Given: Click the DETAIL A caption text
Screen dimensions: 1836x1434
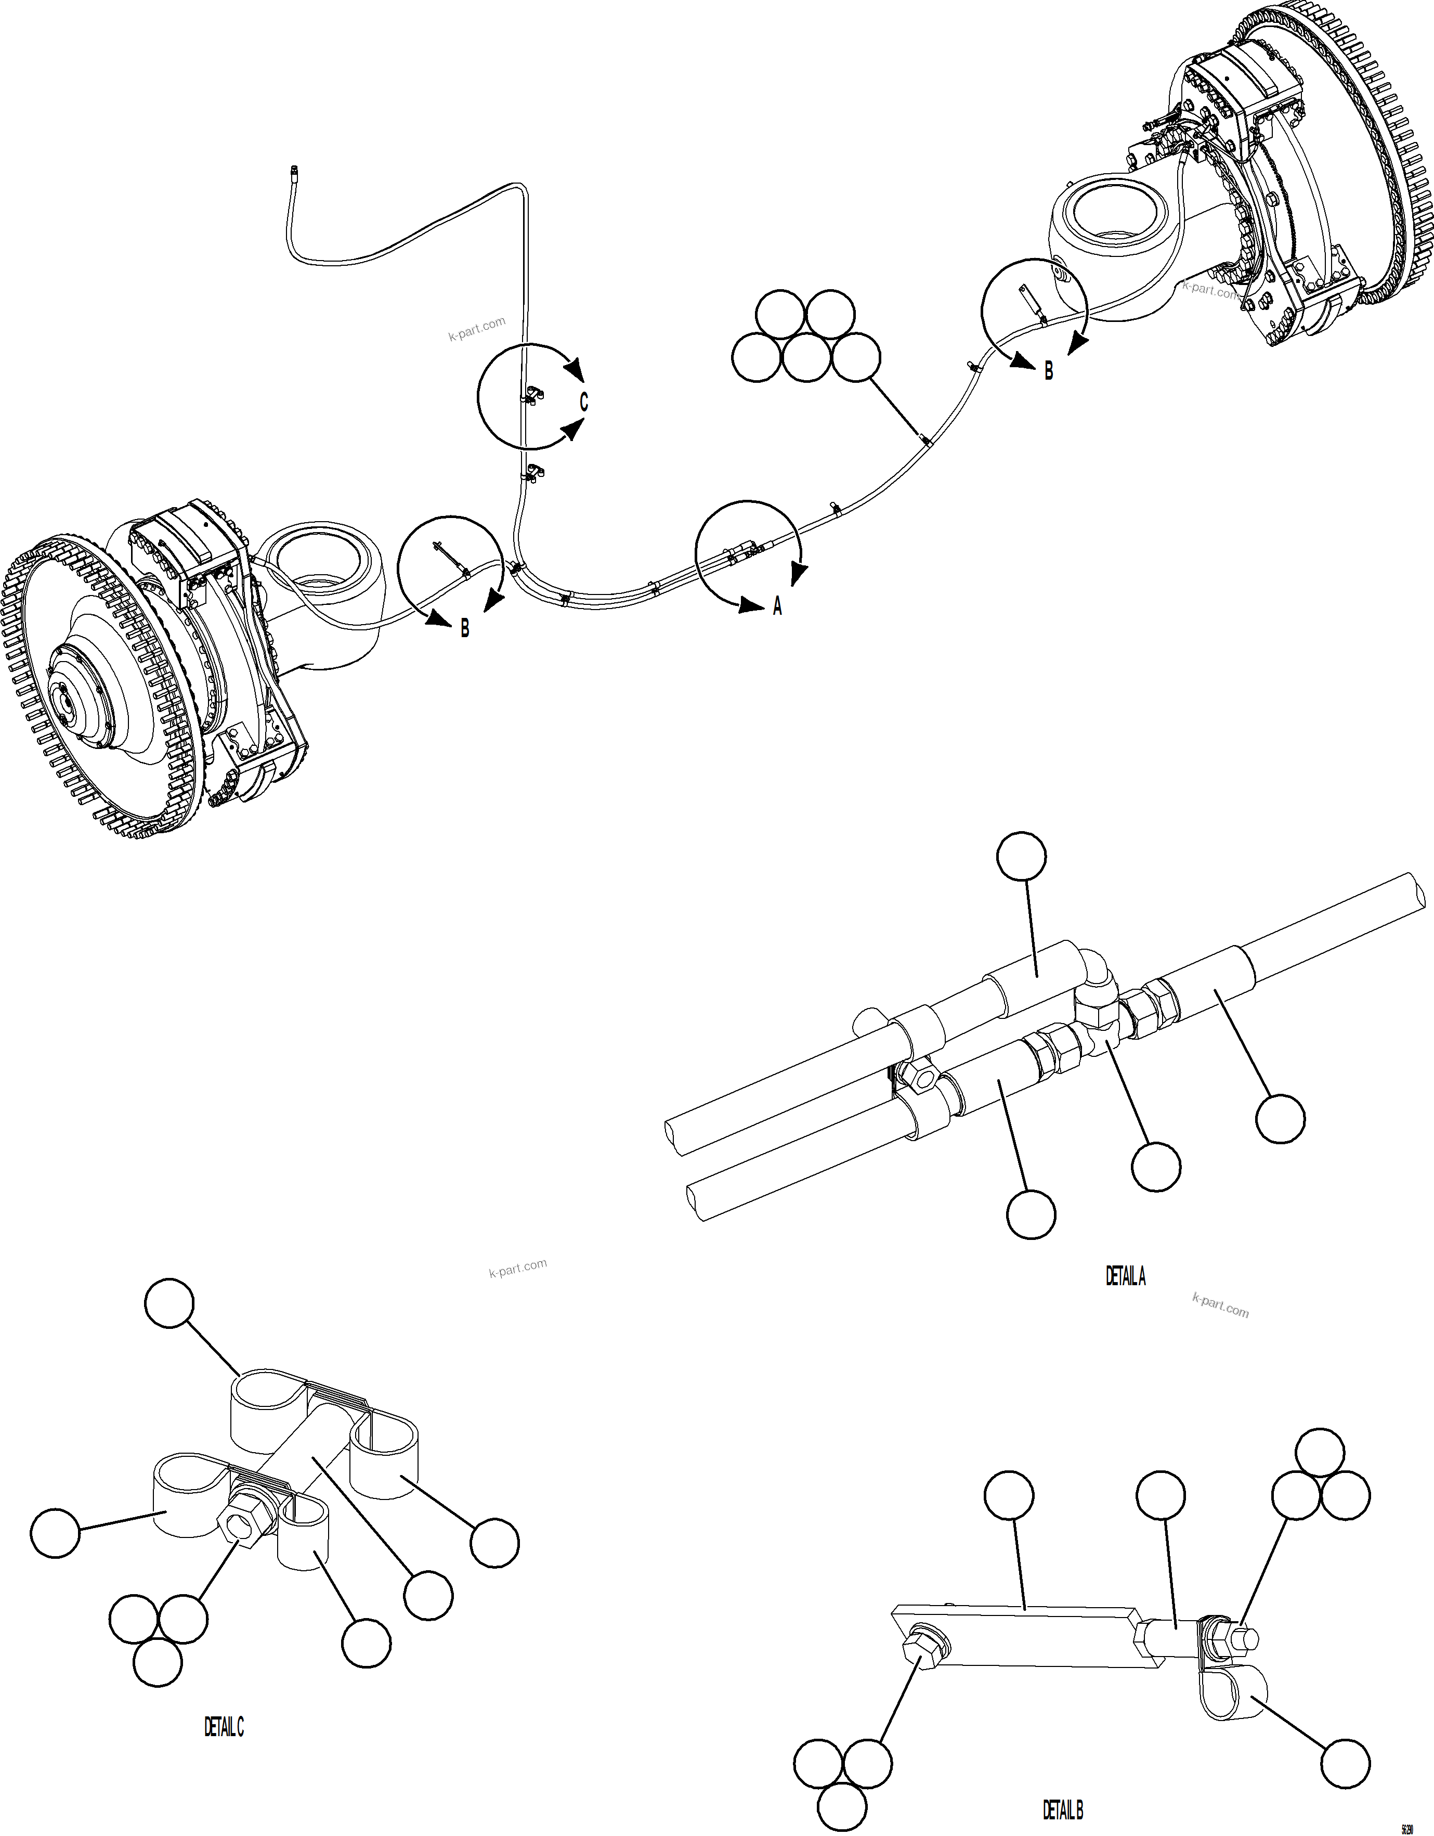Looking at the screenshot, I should coord(1125,1276).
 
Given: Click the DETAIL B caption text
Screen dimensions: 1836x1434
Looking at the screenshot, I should coord(1062,1809).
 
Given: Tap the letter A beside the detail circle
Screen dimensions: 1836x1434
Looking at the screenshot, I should coord(777,605).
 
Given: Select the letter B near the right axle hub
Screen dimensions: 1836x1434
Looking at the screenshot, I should coord(1048,371).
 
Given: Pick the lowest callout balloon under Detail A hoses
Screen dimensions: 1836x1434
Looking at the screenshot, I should coord(1031,1214).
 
